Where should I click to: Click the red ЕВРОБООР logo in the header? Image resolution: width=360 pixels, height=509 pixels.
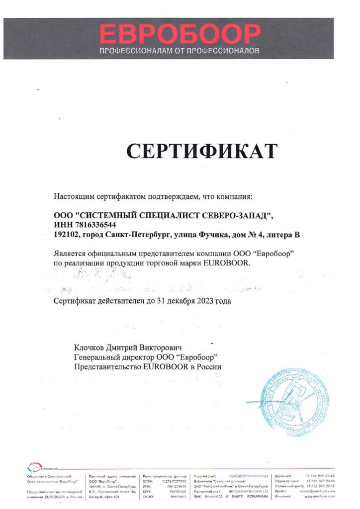(180, 34)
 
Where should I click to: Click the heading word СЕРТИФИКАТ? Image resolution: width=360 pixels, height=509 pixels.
(201, 151)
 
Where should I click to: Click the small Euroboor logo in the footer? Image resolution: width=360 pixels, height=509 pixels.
(44, 468)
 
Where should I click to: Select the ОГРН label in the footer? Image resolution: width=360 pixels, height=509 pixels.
(148, 482)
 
